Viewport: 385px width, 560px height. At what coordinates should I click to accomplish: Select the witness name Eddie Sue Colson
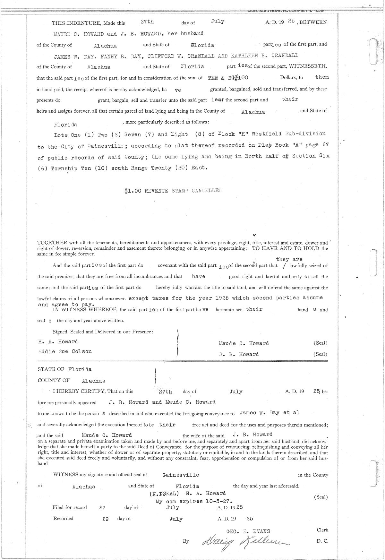[x=65, y=351]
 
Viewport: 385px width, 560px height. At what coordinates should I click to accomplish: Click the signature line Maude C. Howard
[x=244, y=343]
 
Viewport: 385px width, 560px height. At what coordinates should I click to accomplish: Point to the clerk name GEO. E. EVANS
[x=248, y=531]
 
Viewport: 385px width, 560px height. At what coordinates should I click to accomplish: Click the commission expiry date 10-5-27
[x=218, y=501]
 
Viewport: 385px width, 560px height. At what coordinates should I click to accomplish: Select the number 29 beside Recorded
[x=105, y=519]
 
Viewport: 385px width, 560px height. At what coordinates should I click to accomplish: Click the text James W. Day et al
[x=269, y=413]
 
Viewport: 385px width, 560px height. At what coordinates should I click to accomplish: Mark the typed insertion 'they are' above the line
[x=289, y=259]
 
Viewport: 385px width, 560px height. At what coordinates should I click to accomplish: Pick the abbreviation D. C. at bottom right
[x=322, y=541]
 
